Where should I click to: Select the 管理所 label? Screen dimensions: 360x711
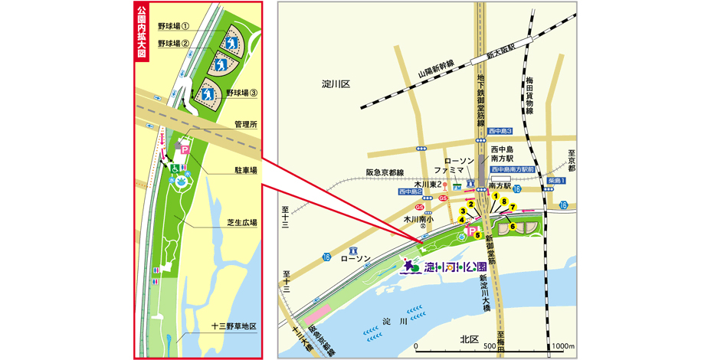245,123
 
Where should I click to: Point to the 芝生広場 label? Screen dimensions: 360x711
241,223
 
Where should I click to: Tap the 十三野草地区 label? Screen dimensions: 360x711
234,326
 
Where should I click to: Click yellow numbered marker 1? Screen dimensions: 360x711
496,197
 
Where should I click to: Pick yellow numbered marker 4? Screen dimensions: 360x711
461,220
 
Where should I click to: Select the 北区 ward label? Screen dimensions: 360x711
470,339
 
